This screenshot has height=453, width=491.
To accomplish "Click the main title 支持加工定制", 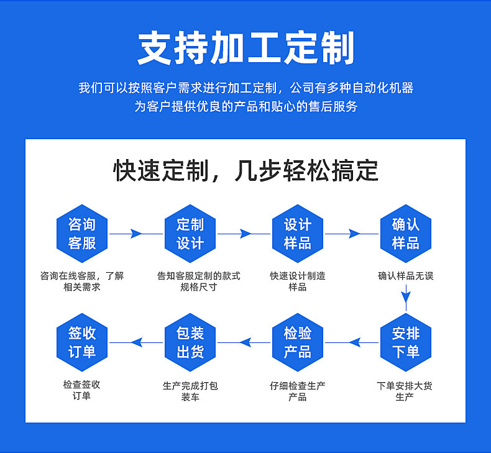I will pyautogui.click(x=245, y=48).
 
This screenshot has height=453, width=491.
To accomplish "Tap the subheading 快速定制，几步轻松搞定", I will pyautogui.click(x=245, y=170).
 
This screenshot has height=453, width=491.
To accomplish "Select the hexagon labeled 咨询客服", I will pyautogui.click(x=82, y=234).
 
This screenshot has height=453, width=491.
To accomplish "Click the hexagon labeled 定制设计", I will pyautogui.click(x=190, y=234).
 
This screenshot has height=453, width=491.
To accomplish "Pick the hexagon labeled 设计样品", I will pyautogui.click(x=298, y=234).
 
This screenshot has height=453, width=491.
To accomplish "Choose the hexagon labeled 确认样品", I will pyautogui.click(x=405, y=234).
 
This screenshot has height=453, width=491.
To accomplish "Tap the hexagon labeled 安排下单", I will pyautogui.click(x=405, y=342).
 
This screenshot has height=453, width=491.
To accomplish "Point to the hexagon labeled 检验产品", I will pyautogui.click(x=298, y=342).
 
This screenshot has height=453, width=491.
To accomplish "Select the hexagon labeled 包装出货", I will pyautogui.click(x=190, y=342).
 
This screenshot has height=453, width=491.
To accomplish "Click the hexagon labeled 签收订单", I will pyautogui.click(x=82, y=342).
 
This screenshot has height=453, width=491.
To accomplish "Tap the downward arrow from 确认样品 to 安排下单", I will pyautogui.click(x=405, y=300).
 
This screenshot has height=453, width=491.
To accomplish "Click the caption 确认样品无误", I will pyautogui.click(x=405, y=276).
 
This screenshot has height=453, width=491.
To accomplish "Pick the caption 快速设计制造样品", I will pyautogui.click(x=298, y=281).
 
